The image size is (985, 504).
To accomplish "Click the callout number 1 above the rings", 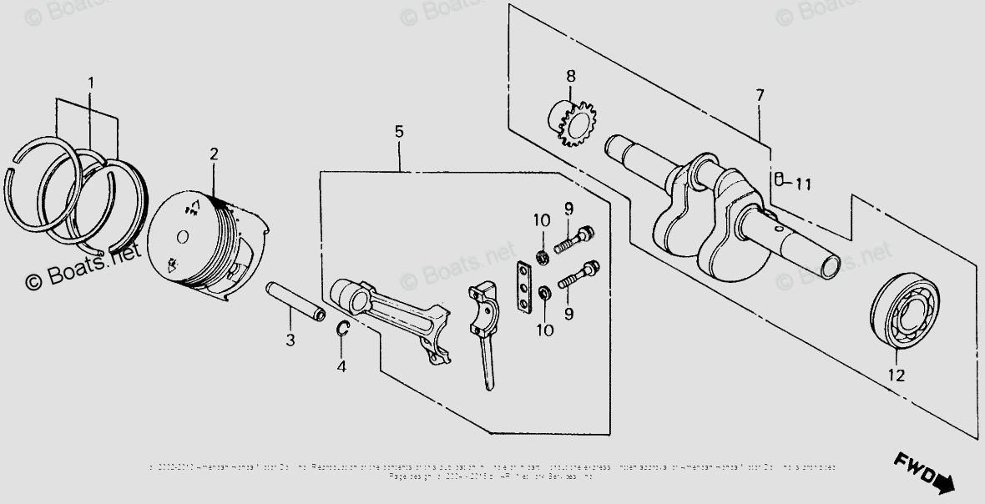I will point(91,83).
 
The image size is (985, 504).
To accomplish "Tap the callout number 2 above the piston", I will point(214,154).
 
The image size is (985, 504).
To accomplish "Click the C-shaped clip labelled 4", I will point(342,330).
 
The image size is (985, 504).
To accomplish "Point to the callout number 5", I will point(399,132).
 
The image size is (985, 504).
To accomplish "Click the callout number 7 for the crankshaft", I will point(760,96).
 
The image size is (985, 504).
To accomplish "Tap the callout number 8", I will point(571,77).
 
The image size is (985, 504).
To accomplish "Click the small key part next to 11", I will point(778,179).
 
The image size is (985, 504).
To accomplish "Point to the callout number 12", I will point(896,376).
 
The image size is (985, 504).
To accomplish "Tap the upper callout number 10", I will point(543,220).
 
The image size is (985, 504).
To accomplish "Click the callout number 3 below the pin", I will point(290,340).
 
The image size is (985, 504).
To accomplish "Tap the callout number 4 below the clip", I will point(341,365).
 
